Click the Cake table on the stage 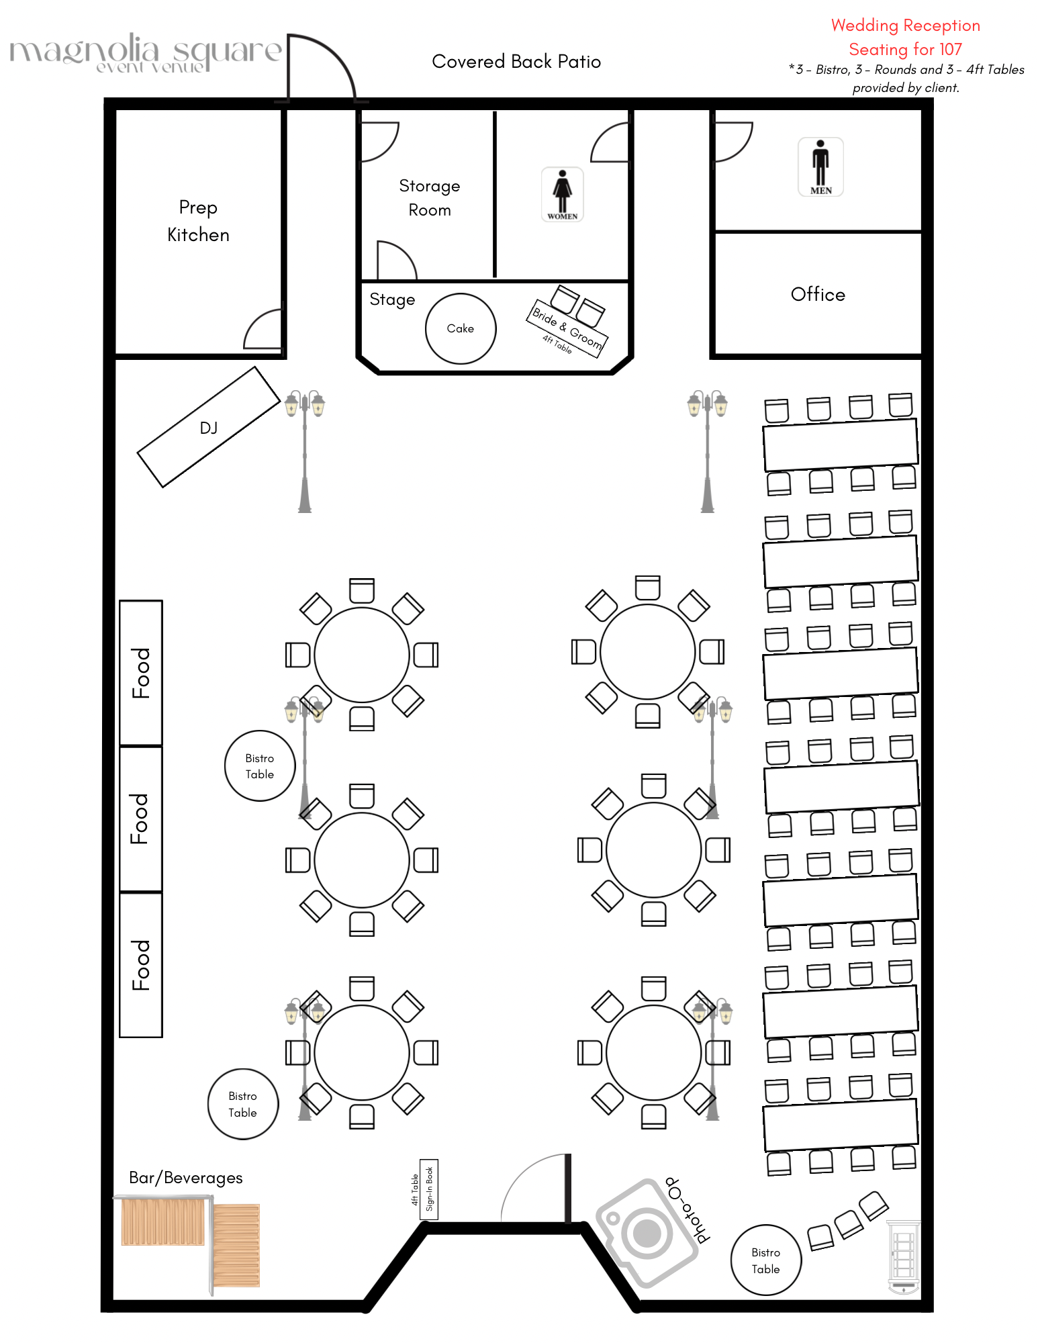pyautogui.click(x=461, y=328)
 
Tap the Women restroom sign pyautogui.click(x=562, y=195)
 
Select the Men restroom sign pyautogui.click(x=820, y=167)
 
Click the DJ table pyautogui.click(x=208, y=427)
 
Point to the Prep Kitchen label pyautogui.click(x=198, y=221)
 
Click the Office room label pyautogui.click(x=818, y=294)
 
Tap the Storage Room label pyautogui.click(x=430, y=197)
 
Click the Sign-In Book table pyautogui.click(x=429, y=1189)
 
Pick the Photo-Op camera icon pyautogui.click(x=647, y=1233)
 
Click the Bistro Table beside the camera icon pyautogui.click(x=765, y=1260)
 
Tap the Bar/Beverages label pyautogui.click(x=185, y=1178)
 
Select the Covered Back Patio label pyautogui.click(x=516, y=62)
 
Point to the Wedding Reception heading pyautogui.click(x=905, y=26)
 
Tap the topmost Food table pyautogui.click(x=141, y=673)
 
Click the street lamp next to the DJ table pyautogui.click(x=305, y=450)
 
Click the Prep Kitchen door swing pyautogui.click(x=264, y=330)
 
